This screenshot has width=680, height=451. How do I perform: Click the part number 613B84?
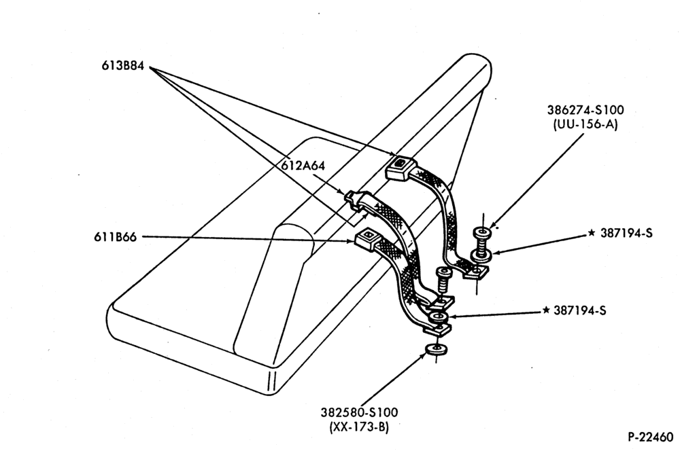click(122, 66)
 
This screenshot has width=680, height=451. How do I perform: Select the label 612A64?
click(303, 165)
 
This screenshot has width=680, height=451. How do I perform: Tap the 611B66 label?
click(116, 237)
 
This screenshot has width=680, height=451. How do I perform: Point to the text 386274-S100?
click(585, 110)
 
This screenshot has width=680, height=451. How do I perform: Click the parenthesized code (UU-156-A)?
click(585, 124)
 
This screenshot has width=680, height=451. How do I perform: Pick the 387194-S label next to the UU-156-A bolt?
click(626, 233)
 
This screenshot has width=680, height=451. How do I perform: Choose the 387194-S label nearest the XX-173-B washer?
click(580, 310)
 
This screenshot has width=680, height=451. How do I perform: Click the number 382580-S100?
click(359, 412)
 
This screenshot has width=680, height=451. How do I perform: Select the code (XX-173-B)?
click(359, 427)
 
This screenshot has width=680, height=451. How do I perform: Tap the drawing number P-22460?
click(651, 437)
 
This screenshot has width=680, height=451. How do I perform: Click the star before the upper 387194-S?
click(592, 233)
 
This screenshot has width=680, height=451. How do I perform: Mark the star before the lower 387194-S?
click(546, 310)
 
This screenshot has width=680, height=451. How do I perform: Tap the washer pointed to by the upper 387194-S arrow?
click(481, 255)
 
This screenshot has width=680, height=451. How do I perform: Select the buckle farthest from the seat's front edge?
click(401, 167)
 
